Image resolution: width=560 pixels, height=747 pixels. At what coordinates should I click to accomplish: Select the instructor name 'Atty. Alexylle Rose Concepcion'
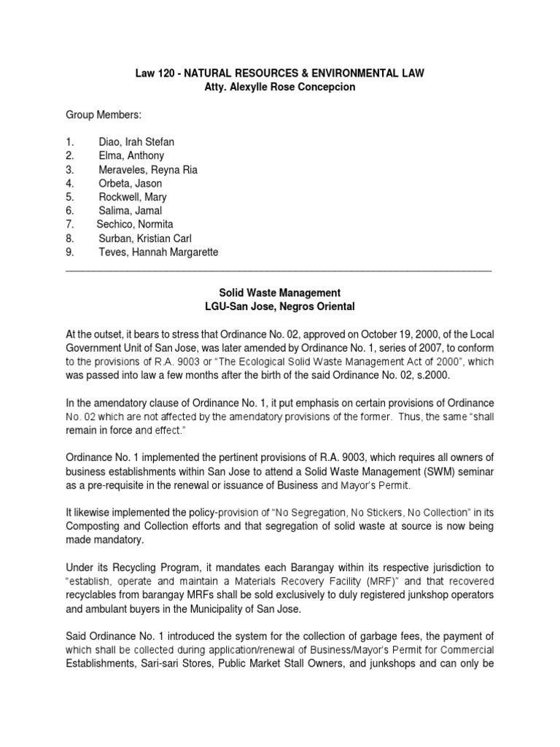click(280, 87)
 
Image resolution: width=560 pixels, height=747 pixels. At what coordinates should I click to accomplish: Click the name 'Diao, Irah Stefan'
click(136, 142)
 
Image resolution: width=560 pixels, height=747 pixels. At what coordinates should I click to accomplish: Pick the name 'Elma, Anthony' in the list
click(131, 155)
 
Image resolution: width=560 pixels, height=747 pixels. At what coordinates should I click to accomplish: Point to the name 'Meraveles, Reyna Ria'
click(148, 170)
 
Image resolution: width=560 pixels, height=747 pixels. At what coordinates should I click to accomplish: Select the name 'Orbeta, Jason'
click(131, 183)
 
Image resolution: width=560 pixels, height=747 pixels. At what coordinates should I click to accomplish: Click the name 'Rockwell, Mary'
click(133, 197)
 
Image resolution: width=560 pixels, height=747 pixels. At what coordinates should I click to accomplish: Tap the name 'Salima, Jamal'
click(131, 211)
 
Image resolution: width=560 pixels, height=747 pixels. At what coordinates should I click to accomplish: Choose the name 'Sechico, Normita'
click(135, 225)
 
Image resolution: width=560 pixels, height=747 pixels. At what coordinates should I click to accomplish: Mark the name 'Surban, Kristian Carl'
click(145, 239)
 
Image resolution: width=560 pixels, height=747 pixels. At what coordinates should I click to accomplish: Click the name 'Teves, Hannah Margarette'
click(158, 252)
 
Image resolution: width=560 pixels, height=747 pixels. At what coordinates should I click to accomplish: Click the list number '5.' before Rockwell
click(70, 197)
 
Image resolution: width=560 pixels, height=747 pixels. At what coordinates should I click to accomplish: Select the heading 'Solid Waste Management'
click(280, 293)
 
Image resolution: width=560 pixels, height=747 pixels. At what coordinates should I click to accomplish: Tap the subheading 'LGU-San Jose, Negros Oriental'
click(280, 306)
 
